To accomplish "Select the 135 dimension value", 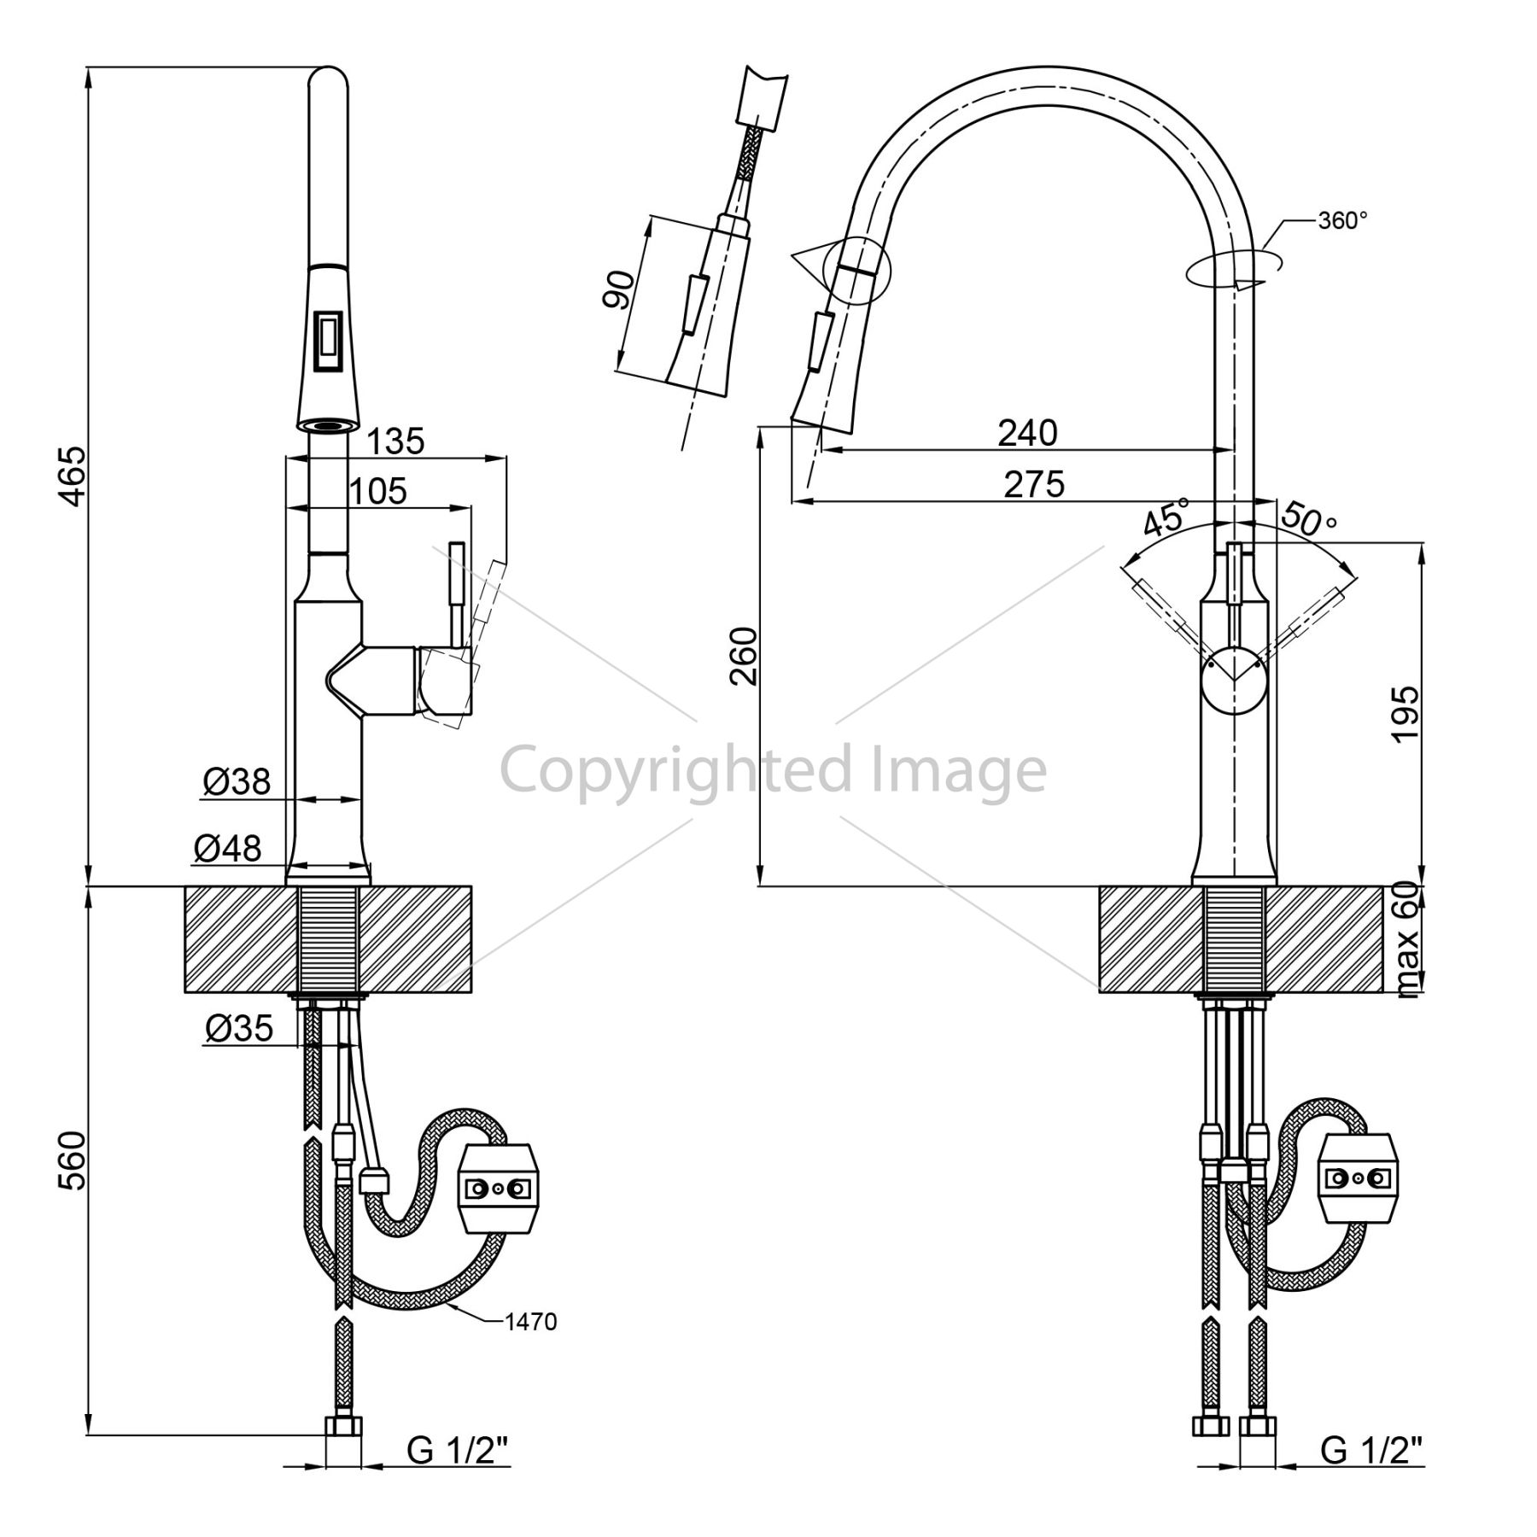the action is (395, 441).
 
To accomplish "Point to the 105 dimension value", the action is (378, 491).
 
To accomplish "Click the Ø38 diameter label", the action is (237, 780).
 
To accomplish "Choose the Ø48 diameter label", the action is (227, 848).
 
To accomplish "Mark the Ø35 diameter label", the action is (239, 1028).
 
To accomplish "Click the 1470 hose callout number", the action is (530, 1323).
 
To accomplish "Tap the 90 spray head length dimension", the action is (617, 290).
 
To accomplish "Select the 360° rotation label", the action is (1343, 220).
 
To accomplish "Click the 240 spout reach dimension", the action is (1028, 433).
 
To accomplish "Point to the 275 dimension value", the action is (1034, 484).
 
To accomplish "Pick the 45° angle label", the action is (1165, 517).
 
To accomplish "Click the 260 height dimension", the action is (744, 656).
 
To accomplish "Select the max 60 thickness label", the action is (1407, 939).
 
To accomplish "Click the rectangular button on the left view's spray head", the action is (329, 341).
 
